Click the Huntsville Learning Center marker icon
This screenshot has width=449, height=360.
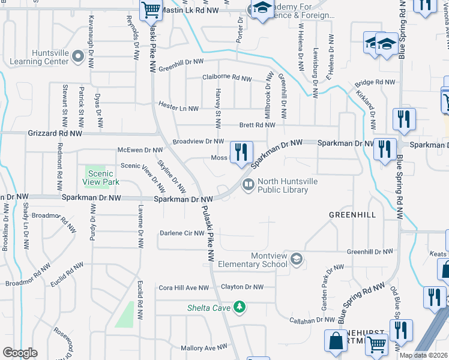[77, 57]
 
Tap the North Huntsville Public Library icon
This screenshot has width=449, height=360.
[247, 185]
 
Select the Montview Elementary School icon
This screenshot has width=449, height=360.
[295, 259]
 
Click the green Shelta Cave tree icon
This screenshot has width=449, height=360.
[240, 307]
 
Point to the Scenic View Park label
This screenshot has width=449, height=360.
[102, 178]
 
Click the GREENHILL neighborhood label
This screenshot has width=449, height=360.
[352, 214]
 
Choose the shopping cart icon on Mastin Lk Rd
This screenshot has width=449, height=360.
[151, 10]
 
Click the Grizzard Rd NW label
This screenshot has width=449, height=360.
[54, 134]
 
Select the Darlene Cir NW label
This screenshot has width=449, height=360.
[182, 233]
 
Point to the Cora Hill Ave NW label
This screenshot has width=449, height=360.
[183, 287]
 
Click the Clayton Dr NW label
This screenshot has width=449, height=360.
[242, 287]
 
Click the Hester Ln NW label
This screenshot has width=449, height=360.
[178, 108]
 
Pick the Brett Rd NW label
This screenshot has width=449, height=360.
[257, 125]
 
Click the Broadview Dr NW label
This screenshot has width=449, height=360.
[198, 141]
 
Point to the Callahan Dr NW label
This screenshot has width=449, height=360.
[303, 320]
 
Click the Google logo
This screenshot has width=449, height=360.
[20, 353]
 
